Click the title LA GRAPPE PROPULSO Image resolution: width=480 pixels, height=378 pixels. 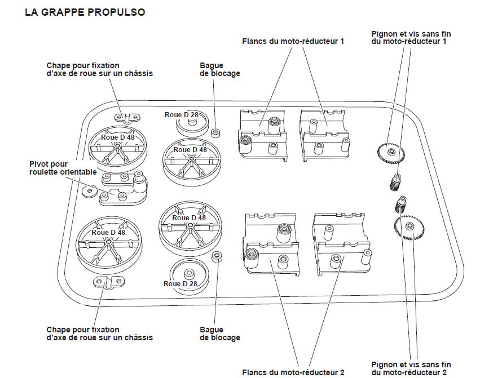click(x=85, y=12)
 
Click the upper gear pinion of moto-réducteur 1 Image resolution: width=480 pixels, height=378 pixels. click(x=390, y=151)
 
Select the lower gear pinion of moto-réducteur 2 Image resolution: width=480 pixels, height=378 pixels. click(x=409, y=226)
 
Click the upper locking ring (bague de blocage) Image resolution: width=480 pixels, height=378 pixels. click(x=215, y=133)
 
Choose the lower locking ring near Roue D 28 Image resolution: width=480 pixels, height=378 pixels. click(x=215, y=257)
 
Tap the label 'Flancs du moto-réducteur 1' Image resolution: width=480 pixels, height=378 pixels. click(x=293, y=41)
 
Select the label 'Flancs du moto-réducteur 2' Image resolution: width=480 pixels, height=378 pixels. click(x=293, y=372)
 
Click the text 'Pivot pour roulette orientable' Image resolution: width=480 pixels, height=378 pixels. click(x=55, y=168)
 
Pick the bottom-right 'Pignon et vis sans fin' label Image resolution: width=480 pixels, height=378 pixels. click(x=411, y=368)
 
